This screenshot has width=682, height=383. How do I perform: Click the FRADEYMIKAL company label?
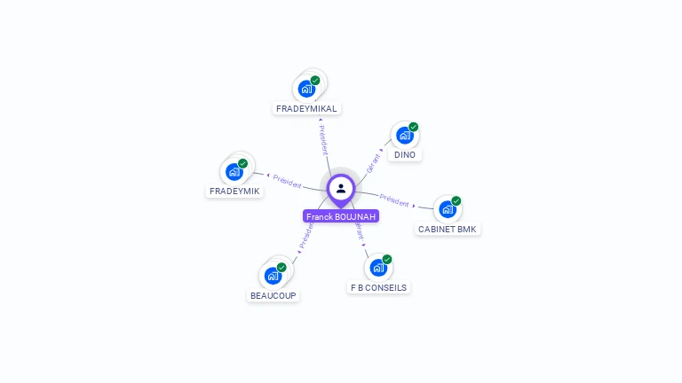(306, 108)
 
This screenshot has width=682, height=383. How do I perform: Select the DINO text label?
(405, 154)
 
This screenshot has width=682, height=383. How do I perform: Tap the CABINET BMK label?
(448, 229)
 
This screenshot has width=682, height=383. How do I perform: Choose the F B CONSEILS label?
(378, 287)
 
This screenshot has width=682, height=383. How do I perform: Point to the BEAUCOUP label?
(273, 295)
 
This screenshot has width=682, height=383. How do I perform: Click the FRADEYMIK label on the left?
(234, 191)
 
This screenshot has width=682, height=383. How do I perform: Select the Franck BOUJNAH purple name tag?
(341, 216)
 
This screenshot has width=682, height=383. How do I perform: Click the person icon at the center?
(341, 188)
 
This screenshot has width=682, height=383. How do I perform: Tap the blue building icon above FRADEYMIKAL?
(306, 89)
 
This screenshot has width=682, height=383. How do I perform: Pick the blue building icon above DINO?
(405, 135)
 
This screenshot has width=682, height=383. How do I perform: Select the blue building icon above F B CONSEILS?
(378, 268)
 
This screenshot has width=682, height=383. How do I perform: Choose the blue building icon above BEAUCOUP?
(273, 276)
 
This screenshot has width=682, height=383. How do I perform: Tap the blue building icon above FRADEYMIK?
(234, 171)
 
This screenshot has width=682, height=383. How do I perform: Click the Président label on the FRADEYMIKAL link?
(323, 140)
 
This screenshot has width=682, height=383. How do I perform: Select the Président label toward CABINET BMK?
(394, 199)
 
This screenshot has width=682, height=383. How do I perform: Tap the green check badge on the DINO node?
(413, 127)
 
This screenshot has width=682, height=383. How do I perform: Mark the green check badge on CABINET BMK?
(456, 201)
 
